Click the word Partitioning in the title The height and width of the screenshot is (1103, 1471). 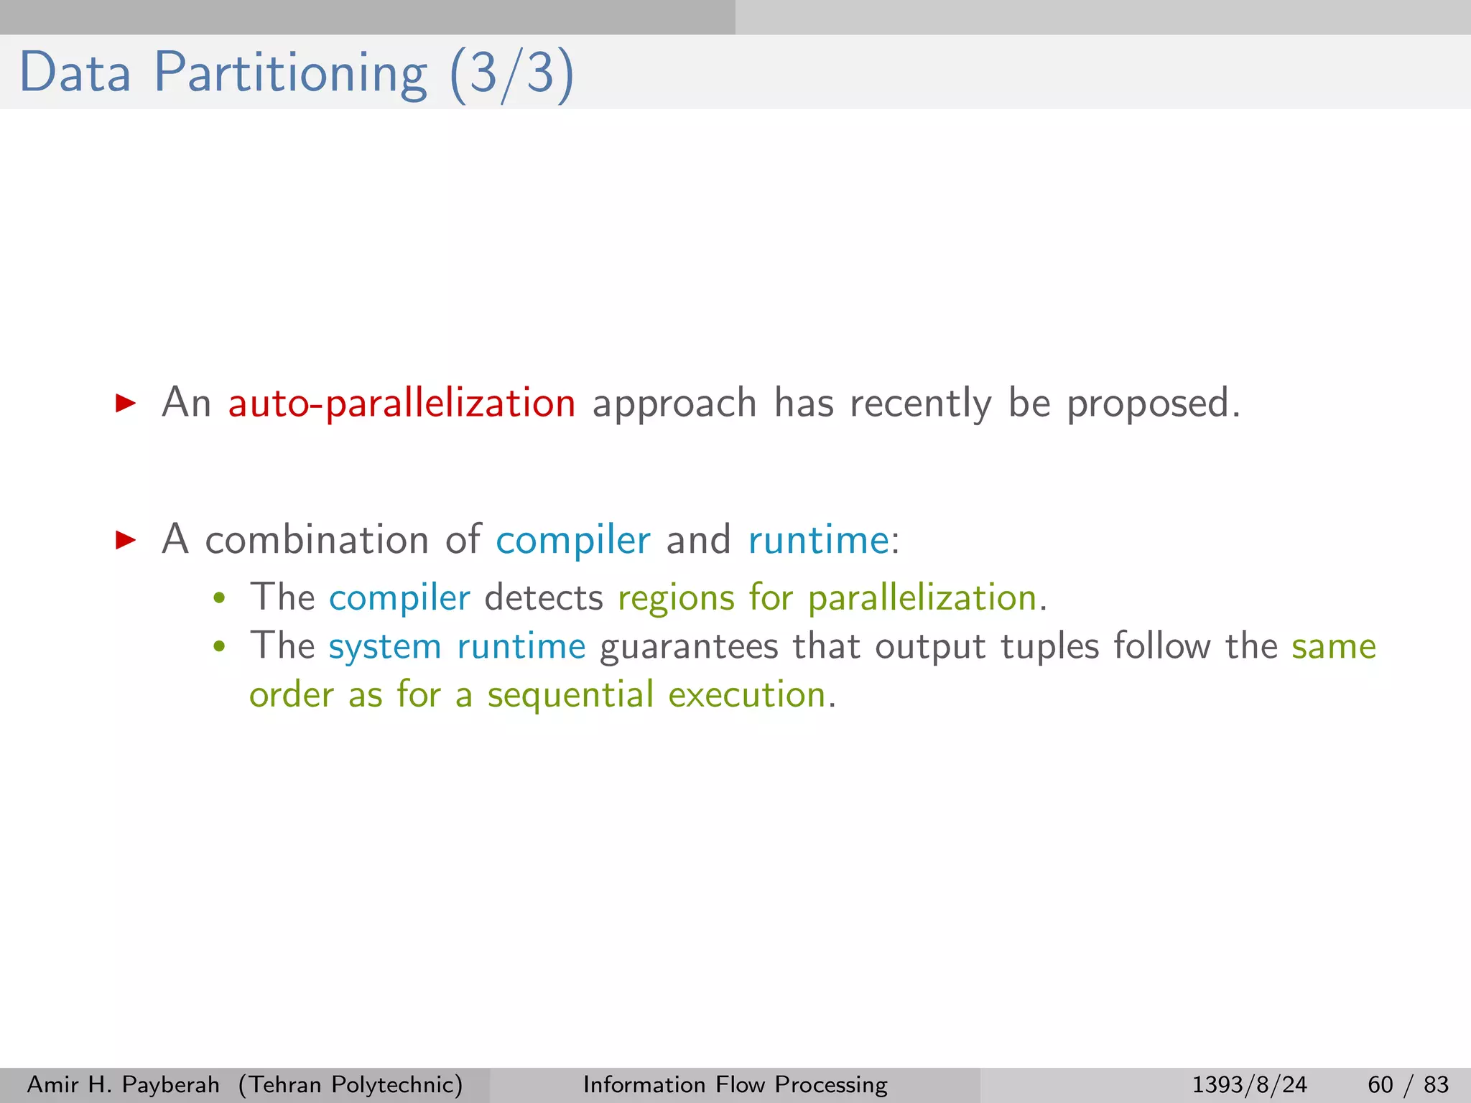click(x=291, y=73)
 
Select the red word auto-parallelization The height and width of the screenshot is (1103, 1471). click(x=402, y=403)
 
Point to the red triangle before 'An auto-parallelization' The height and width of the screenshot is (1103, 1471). click(x=126, y=403)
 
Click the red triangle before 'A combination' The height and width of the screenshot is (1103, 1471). click(x=126, y=540)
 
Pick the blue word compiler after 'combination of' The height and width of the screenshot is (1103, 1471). click(x=573, y=540)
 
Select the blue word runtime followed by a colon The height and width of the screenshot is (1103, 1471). click(x=818, y=540)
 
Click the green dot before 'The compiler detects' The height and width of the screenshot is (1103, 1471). click(x=220, y=598)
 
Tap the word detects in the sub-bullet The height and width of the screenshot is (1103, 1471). click(x=544, y=597)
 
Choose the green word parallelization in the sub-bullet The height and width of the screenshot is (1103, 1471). click(x=922, y=597)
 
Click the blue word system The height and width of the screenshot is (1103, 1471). click(x=384, y=646)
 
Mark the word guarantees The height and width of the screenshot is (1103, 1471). click(x=689, y=646)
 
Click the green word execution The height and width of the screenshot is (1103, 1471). click(x=747, y=695)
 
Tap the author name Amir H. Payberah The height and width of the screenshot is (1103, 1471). click(x=123, y=1084)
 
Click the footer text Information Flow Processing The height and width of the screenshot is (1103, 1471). click(x=735, y=1084)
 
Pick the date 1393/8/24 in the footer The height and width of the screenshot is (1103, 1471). click(x=1249, y=1084)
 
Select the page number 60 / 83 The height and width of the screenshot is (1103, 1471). click(x=1408, y=1084)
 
